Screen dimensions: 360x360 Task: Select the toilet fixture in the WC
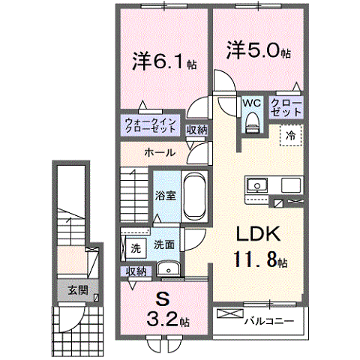click(251, 120)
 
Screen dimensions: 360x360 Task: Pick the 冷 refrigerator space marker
click(289, 136)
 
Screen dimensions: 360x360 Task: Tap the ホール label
click(159, 152)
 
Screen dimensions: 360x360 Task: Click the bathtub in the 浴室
click(194, 196)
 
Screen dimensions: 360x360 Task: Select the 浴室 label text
click(166, 196)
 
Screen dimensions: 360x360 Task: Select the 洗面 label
click(164, 244)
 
